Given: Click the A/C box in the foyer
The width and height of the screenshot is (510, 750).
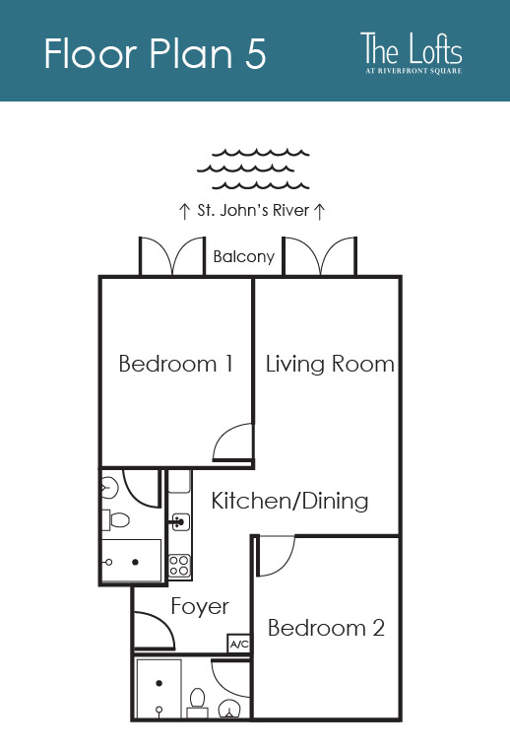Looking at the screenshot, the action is pyautogui.click(x=238, y=644).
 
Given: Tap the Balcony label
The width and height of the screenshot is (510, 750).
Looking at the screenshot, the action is pyautogui.click(x=244, y=257).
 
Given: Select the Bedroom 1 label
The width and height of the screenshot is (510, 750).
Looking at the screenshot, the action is pyautogui.click(x=176, y=364).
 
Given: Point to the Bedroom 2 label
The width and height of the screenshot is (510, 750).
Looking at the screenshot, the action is pyautogui.click(x=327, y=628).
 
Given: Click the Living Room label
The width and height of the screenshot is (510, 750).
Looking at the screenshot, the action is pyautogui.click(x=330, y=364).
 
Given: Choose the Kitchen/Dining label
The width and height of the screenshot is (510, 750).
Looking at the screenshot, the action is pyautogui.click(x=289, y=502).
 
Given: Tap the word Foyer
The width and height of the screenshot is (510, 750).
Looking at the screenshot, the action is pyautogui.click(x=200, y=606).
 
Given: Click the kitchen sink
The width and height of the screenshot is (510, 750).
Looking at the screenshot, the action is pyautogui.click(x=179, y=521).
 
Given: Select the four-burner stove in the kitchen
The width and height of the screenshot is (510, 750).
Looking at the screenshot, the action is pyautogui.click(x=179, y=566).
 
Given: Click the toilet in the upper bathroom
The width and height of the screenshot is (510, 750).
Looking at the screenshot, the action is pyautogui.click(x=115, y=520).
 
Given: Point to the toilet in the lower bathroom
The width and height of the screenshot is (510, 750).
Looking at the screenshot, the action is pyautogui.click(x=197, y=703).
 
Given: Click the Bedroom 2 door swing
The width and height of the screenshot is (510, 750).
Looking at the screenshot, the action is pyautogui.click(x=275, y=556).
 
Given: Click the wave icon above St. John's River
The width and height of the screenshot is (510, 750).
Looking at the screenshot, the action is pyautogui.click(x=253, y=169).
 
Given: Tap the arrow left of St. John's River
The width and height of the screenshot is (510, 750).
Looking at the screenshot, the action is pyautogui.click(x=184, y=211).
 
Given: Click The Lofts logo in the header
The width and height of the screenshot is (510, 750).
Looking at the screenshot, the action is pyautogui.click(x=412, y=52).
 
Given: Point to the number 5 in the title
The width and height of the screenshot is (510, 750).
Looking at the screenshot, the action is pyautogui.click(x=256, y=53).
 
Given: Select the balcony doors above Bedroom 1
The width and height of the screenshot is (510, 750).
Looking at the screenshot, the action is pyautogui.click(x=172, y=256).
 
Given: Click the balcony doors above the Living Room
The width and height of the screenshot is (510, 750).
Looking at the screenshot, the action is pyautogui.click(x=320, y=256).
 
